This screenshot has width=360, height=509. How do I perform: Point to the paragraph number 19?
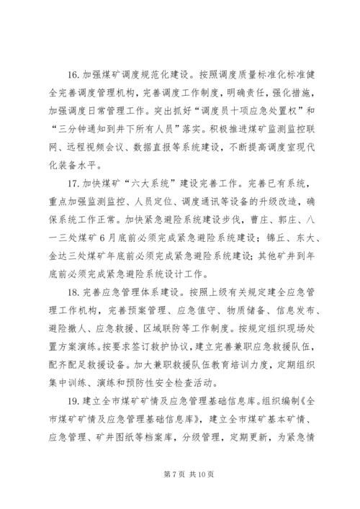[x=71, y=379]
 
